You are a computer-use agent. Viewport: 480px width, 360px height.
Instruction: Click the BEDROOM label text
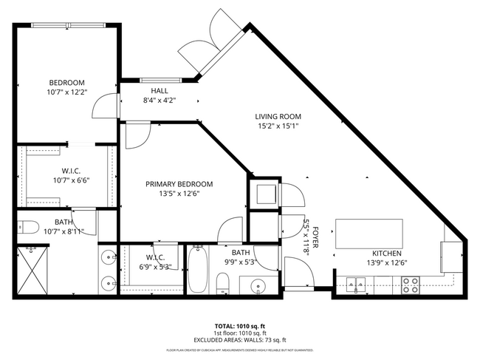coord(66,82)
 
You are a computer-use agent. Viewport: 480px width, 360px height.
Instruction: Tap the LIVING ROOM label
coord(278,117)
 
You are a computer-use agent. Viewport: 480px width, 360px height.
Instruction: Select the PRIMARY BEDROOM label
coord(179,184)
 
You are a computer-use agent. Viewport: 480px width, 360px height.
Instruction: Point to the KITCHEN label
coord(387,253)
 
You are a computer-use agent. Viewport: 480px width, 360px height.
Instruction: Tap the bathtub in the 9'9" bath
coord(199,270)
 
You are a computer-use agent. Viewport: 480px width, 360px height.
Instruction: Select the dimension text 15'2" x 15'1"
coord(278,126)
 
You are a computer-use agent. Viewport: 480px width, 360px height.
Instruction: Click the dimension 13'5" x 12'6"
coord(179,194)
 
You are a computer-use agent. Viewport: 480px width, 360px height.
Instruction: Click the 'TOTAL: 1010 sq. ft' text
coord(240,325)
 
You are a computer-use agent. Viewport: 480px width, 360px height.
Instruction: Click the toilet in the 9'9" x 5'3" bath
coord(222,283)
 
